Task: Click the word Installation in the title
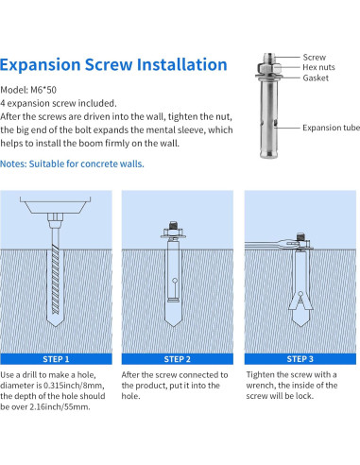coord(181,64)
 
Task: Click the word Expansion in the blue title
coord(41,65)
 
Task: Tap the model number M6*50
coord(43,90)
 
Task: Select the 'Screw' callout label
coord(315,58)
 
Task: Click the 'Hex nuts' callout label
coord(318,67)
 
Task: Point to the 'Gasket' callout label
coord(316,77)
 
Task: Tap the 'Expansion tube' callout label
coord(331,128)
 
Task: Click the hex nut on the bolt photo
coord(268,68)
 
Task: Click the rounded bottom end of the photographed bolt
coord(268,154)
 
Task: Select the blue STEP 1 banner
coord(56,359)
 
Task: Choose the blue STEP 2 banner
coord(178,359)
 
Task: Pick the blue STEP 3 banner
coord(300,359)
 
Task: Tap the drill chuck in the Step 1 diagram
coord(56,220)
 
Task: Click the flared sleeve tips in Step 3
coord(300,301)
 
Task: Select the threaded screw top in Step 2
coord(173,225)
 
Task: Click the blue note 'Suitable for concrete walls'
coord(87,164)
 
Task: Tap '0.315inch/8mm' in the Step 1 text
coord(74,386)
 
